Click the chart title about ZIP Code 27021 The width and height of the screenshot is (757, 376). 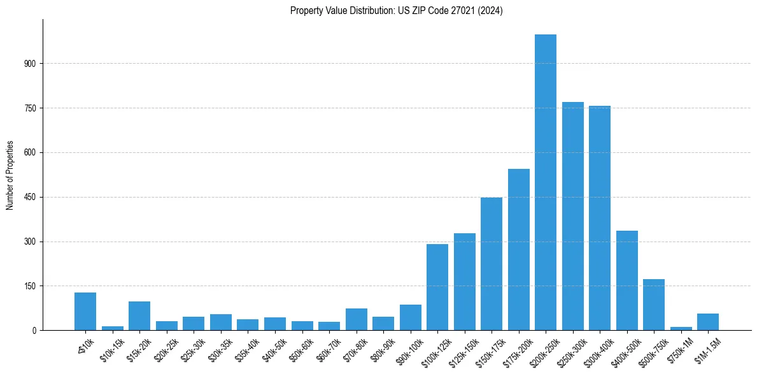(x=396, y=11)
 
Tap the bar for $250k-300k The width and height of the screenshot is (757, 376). (x=572, y=216)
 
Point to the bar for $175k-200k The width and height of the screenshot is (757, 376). (x=518, y=249)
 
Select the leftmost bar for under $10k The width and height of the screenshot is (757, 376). (x=85, y=312)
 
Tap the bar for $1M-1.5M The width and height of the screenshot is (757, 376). (x=708, y=322)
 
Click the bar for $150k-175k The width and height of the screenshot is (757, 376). (x=491, y=264)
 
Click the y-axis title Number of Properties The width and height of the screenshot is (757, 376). (x=10, y=175)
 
